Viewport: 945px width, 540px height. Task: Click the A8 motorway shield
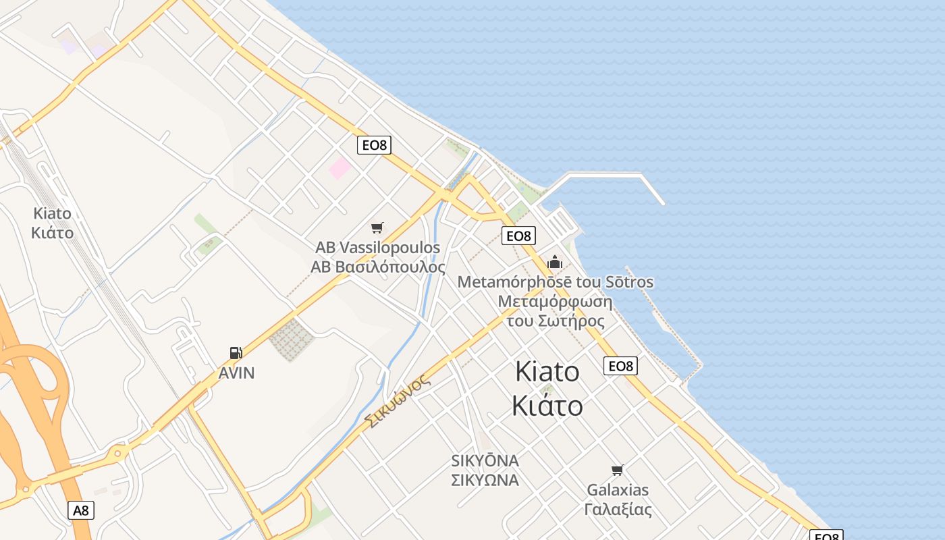coord(81,510)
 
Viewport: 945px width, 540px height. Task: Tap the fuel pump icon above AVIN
coord(236,352)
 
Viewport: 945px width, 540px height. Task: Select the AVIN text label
coord(236,373)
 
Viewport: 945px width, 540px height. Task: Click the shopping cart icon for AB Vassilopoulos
coord(377,228)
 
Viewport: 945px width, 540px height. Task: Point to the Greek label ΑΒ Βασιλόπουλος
coord(377,267)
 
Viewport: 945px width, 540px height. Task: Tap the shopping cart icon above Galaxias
coord(617,470)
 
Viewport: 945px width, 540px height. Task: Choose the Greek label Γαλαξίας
coord(618,509)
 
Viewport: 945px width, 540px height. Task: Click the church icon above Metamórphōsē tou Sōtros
coord(555,262)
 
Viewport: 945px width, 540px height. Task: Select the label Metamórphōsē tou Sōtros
coord(556,281)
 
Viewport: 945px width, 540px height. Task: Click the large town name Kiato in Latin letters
coord(547,371)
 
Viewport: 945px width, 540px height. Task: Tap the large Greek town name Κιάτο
coord(547,406)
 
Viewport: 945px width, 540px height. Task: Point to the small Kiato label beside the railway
coord(52,213)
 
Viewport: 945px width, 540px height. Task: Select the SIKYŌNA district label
coord(485,461)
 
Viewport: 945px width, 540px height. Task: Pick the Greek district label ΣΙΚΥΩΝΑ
coord(485,480)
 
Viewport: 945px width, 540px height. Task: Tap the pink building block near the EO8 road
coord(340,168)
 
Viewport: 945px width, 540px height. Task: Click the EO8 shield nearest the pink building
coord(374,144)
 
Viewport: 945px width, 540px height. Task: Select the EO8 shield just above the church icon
coord(518,236)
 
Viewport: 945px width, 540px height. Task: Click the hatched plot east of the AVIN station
coord(292,340)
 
